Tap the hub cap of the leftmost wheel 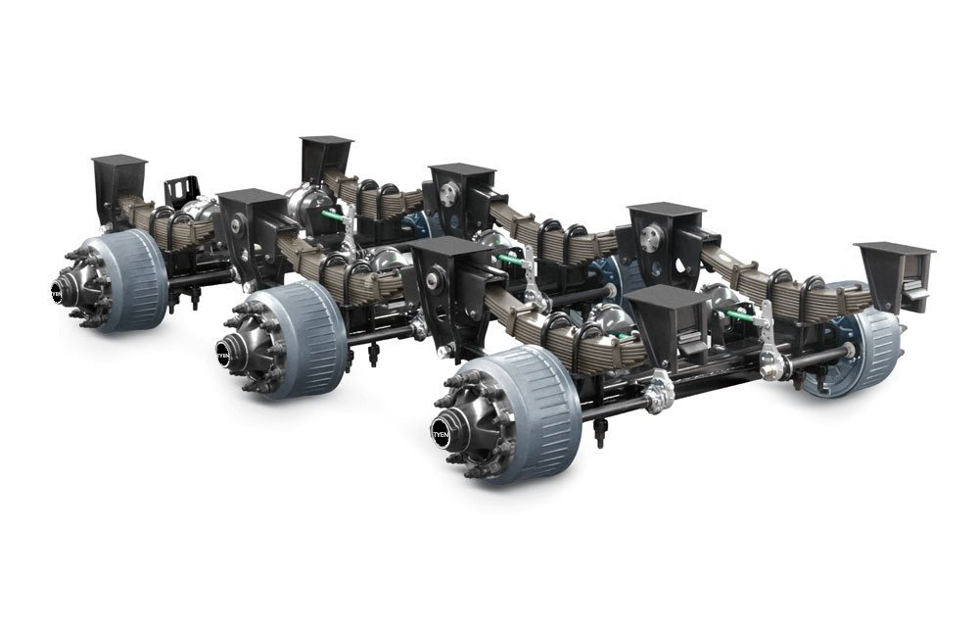pos(59,290)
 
